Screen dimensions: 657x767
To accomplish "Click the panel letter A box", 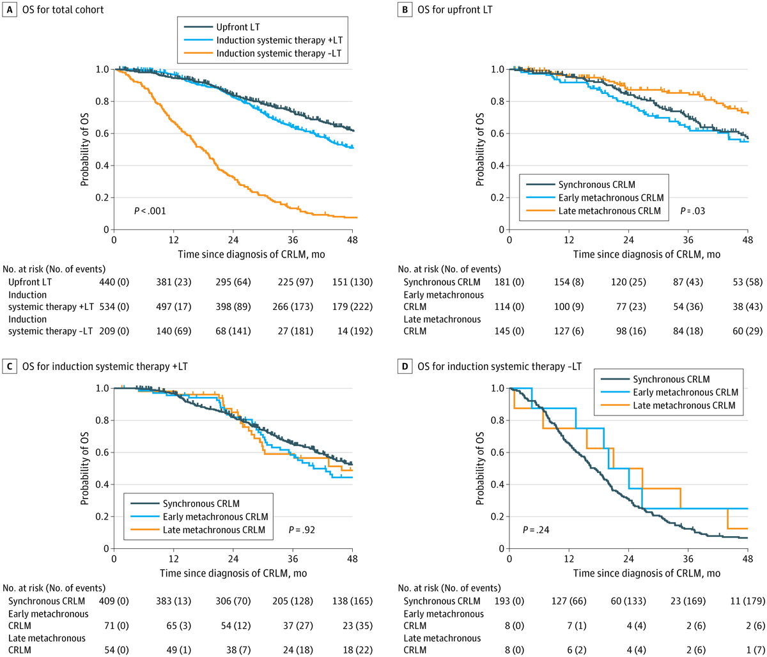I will tap(8, 9).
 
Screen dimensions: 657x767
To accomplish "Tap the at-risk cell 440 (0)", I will tap(114, 282).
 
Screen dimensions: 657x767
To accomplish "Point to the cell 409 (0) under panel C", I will tap(114, 601).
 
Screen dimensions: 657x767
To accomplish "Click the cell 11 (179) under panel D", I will tap(745, 601).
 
